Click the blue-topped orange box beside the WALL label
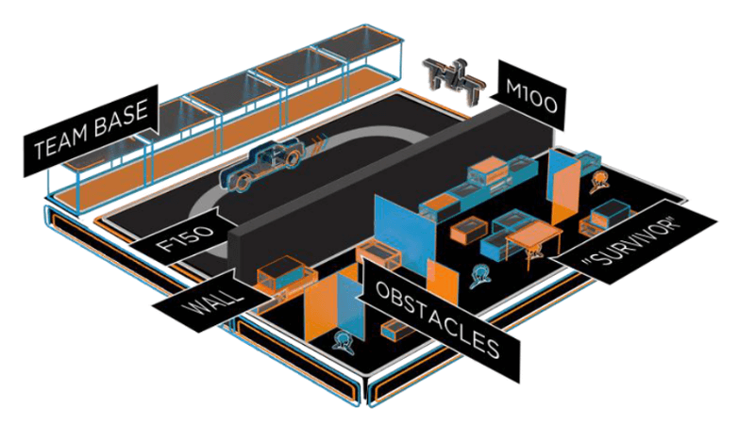[x=283, y=274]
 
